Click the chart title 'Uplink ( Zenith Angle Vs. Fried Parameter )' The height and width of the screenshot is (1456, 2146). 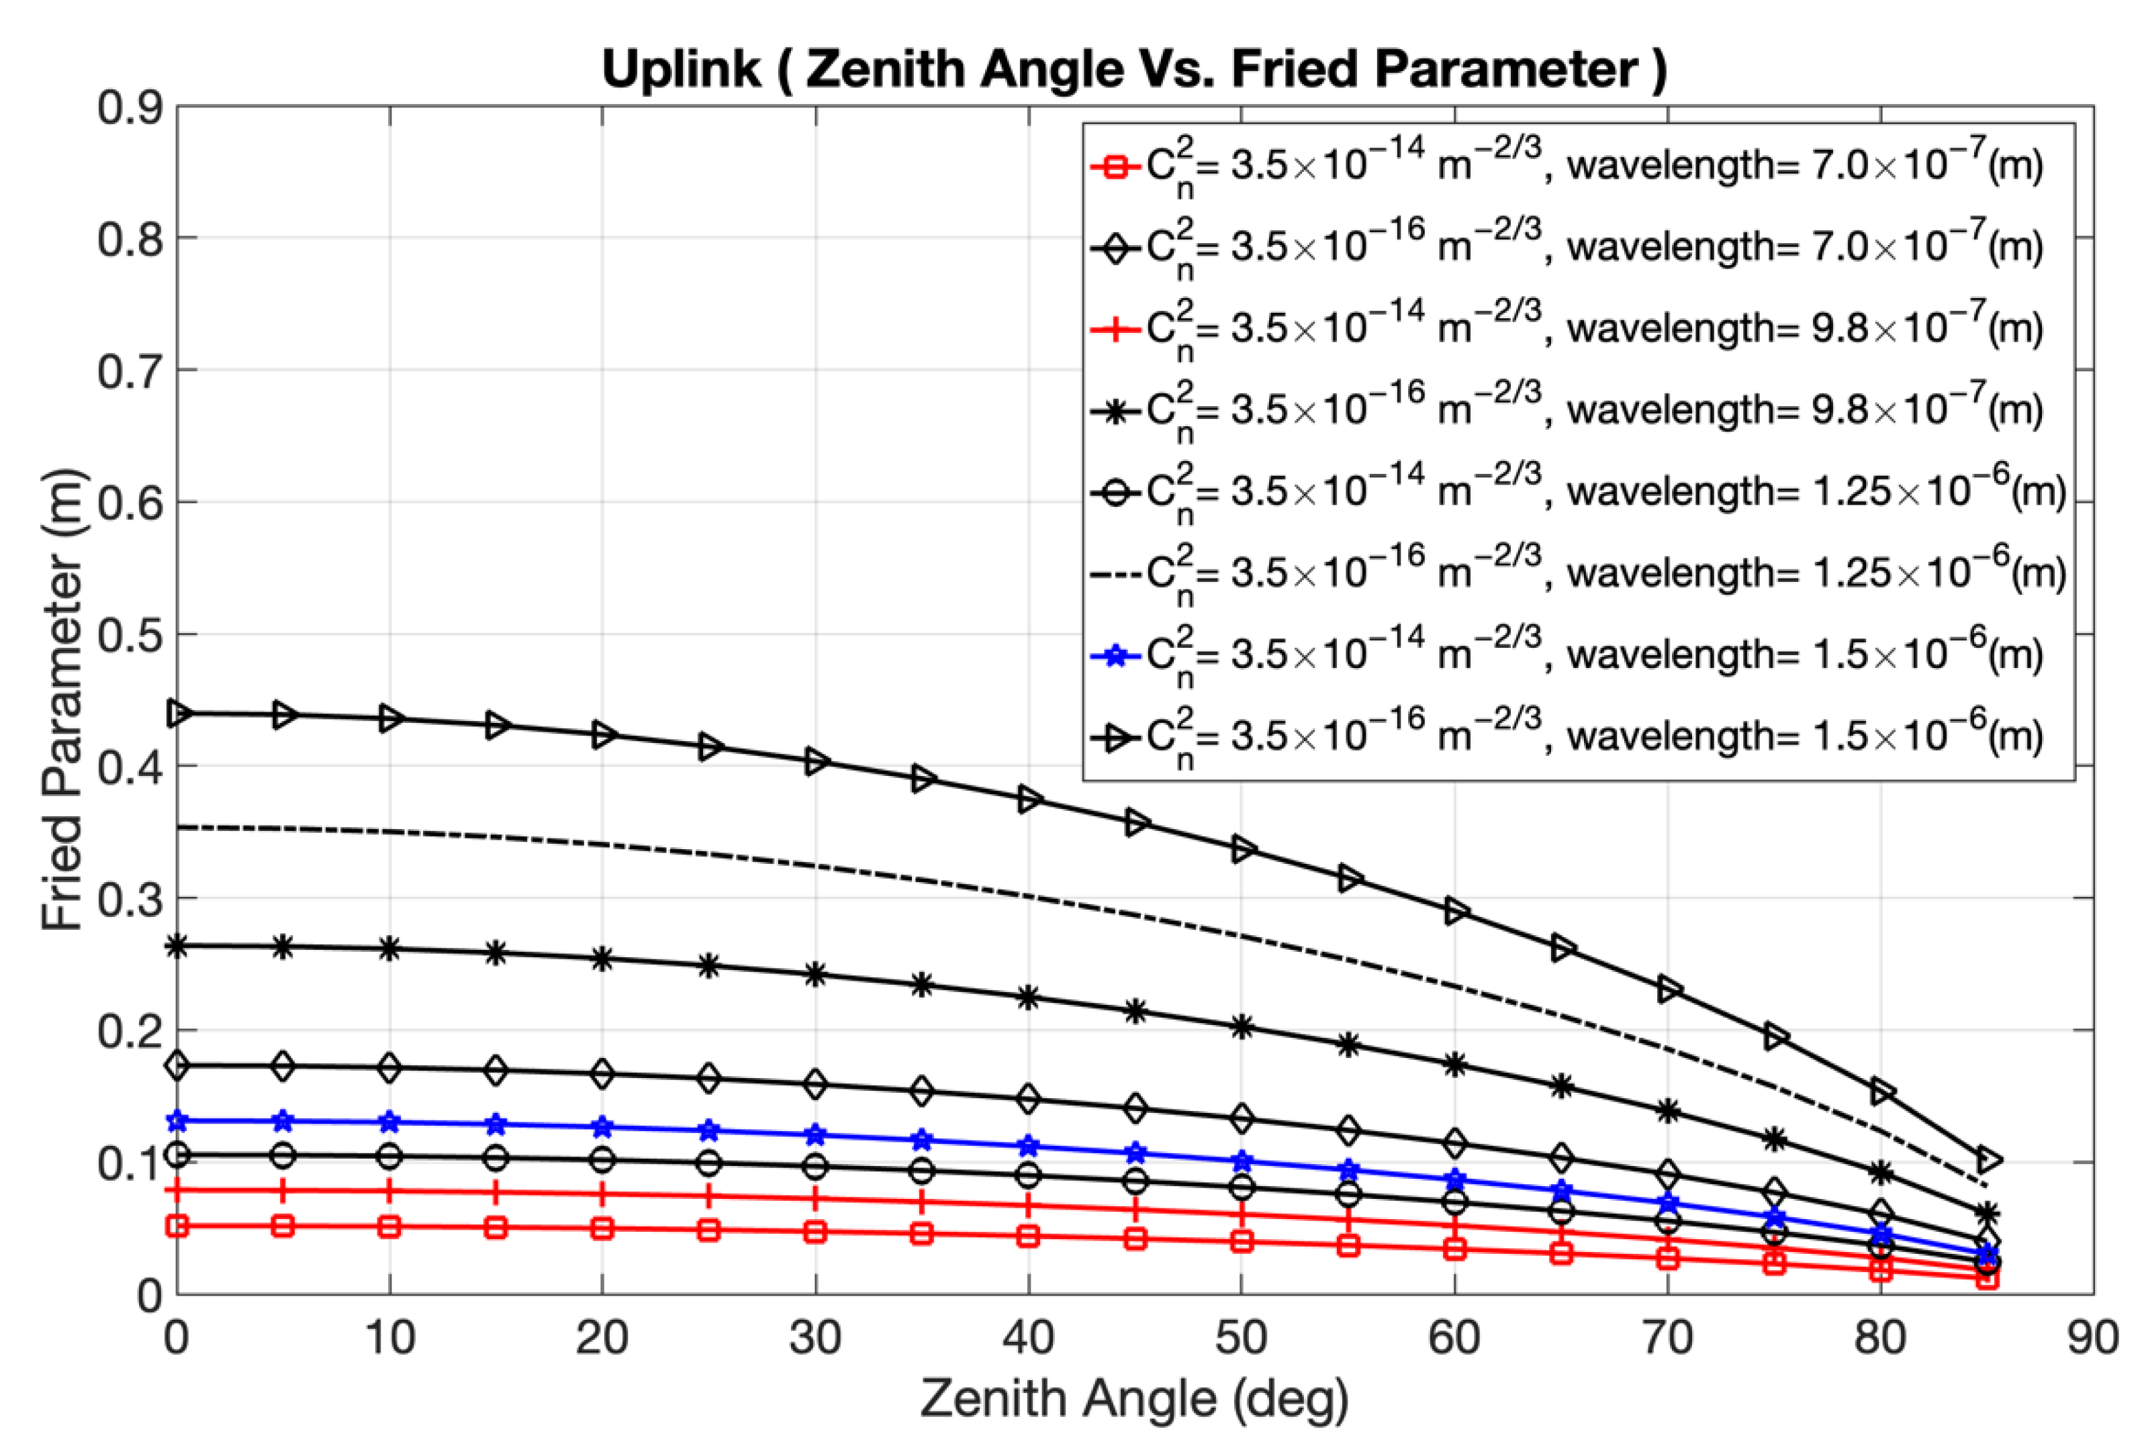[x=1134, y=69]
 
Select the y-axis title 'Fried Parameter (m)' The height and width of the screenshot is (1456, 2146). [x=63, y=700]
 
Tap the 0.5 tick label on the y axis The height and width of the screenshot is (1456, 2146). [x=130, y=634]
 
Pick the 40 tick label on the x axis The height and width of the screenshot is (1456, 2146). [x=1028, y=1337]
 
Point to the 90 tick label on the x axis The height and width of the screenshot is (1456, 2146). [x=2092, y=1337]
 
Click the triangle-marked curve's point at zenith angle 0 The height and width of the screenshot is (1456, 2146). [x=178, y=714]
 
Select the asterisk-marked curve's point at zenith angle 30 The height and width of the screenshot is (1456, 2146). [x=815, y=975]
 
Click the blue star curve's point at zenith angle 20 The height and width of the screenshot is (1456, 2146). [x=602, y=1127]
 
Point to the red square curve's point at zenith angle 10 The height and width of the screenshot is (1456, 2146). [x=389, y=1227]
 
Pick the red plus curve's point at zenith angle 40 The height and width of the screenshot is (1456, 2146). [x=1028, y=1206]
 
